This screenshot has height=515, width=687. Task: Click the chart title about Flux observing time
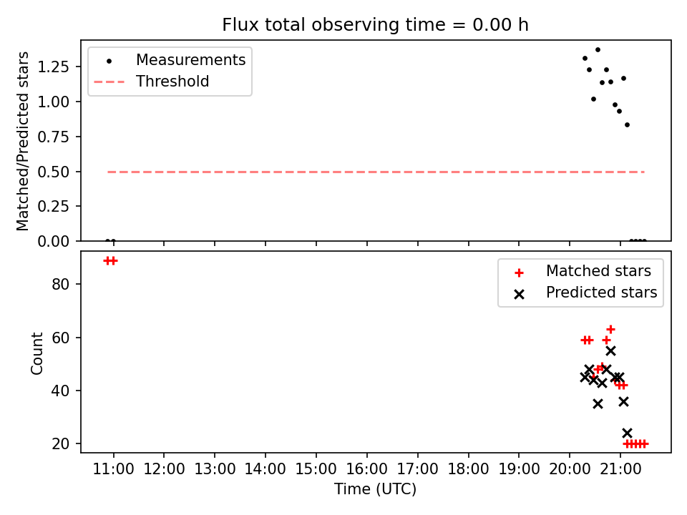[375, 24]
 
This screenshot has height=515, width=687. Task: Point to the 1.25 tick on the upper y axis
[54, 67]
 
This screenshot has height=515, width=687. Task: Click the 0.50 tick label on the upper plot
[54, 172]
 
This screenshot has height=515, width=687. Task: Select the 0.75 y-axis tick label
[54, 137]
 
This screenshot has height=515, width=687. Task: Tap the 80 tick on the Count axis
[60, 284]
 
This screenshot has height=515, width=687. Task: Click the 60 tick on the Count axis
[60, 338]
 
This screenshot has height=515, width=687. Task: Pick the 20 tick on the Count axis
[60, 443]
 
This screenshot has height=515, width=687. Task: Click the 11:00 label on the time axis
[114, 469]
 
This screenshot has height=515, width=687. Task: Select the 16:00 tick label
[366, 469]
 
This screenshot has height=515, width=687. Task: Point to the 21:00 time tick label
[620, 469]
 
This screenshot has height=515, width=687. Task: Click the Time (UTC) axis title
[375, 489]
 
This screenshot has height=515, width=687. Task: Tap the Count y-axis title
[36, 353]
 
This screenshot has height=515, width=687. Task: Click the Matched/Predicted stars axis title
[22, 141]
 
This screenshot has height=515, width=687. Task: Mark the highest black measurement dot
[598, 50]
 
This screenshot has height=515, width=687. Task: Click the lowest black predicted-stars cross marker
[627, 433]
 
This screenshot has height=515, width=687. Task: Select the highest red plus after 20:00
[610, 329]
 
